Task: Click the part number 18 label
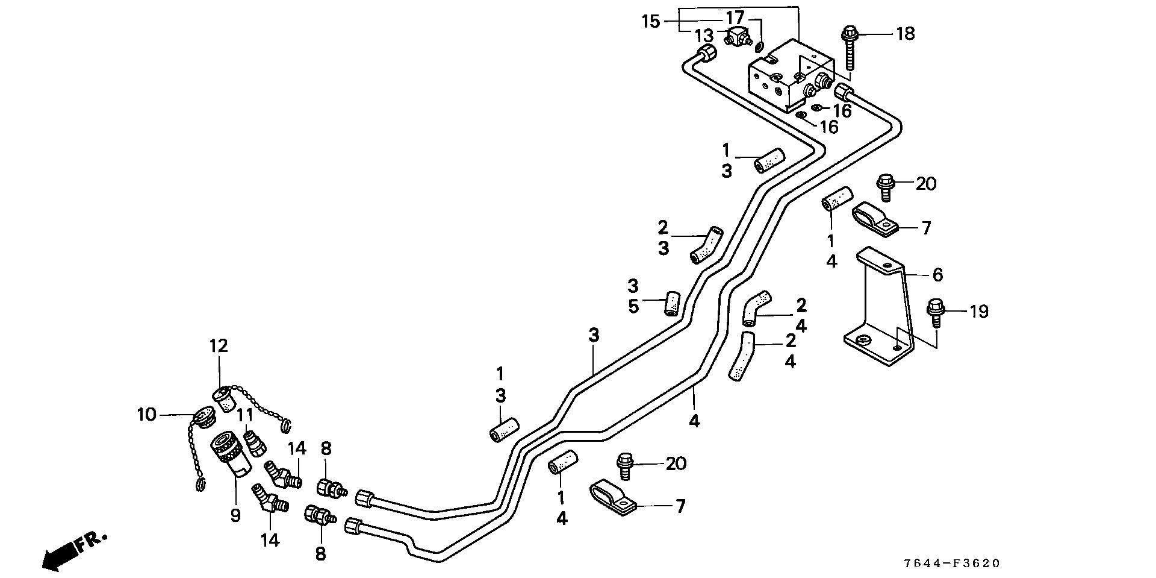[905, 34]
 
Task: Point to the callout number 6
[937, 275]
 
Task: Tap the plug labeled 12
[224, 399]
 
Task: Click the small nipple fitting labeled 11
[255, 442]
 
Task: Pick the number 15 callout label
[651, 22]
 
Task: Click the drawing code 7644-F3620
[951, 564]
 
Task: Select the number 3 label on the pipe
[594, 335]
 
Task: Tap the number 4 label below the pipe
[694, 421]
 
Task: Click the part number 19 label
[979, 312]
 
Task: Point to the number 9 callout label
[235, 515]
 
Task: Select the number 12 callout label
[219, 346]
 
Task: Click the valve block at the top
[790, 75]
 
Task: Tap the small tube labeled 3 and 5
[671, 303]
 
